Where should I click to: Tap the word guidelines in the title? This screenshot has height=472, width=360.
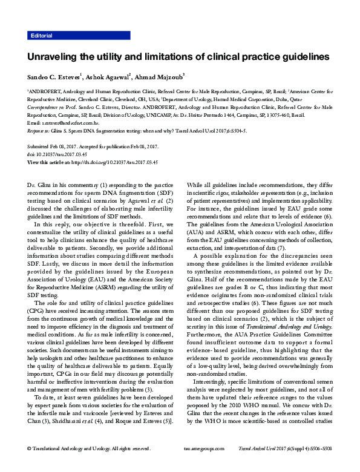(x=300, y=57)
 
